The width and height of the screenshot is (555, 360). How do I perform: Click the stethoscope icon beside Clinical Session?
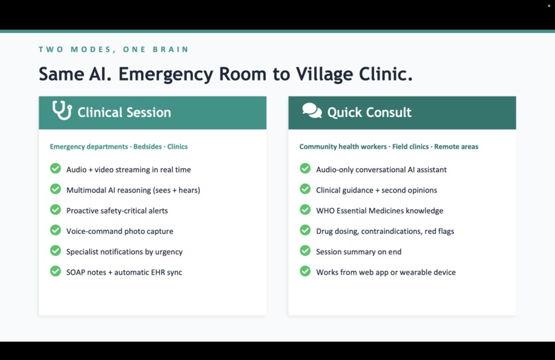pos(62,111)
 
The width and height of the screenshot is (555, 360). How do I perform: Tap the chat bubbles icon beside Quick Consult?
pos(312,111)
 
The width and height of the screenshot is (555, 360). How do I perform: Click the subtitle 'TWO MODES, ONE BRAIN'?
pos(114,50)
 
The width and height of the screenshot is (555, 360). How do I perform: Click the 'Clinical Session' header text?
pos(124,112)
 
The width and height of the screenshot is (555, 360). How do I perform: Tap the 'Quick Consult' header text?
pos(369,112)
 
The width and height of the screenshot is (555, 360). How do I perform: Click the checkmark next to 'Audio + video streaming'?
pos(56,169)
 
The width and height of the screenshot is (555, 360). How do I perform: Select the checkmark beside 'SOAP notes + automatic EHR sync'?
pos(56,272)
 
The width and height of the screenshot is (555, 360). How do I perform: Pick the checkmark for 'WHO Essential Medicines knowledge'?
pos(305,210)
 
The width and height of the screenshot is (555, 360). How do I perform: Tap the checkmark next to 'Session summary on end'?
pos(305,251)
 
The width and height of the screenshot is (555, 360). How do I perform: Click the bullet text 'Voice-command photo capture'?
pos(120,231)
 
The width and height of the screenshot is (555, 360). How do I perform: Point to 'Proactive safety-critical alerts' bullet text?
pos(117,211)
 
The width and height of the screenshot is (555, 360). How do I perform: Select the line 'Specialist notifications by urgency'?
pos(125,252)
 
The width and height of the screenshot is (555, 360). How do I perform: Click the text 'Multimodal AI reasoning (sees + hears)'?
pos(133,190)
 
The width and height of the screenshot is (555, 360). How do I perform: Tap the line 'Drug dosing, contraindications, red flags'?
pos(385,231)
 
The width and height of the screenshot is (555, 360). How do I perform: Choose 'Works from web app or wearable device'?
pos(386,273)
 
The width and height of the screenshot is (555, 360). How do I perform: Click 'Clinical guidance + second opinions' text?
pos(377,190)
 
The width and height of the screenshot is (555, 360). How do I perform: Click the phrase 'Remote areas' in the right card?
pos(457,147)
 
